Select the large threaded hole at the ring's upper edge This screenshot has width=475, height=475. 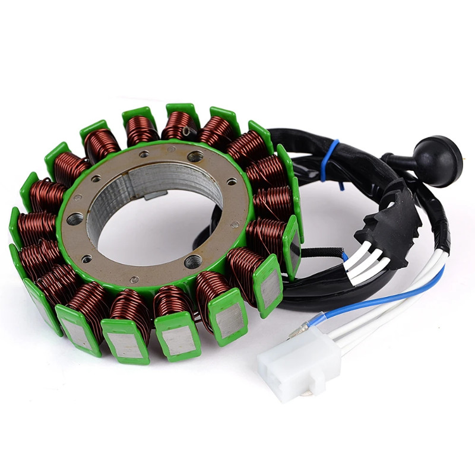coord(195,156)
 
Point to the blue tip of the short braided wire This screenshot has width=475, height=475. coord(345,255)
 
